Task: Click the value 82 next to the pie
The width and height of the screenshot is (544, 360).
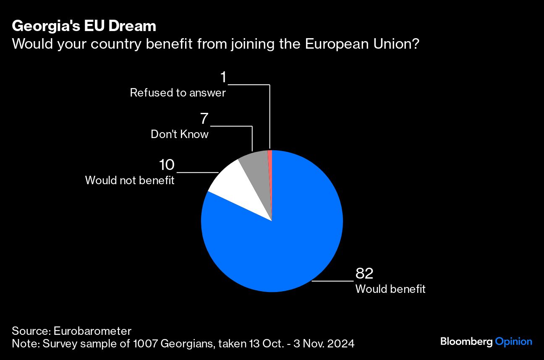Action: (x=364, y=274)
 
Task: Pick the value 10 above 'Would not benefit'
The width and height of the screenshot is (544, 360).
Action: (x=167, y=165)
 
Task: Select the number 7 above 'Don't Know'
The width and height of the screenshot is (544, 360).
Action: (x=204, y=119)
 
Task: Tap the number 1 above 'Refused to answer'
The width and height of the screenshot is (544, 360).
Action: (x=223, y=77)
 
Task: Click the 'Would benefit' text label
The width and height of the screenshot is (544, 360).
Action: (x=390, y=289)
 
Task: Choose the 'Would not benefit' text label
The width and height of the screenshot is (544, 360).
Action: (x=130, y=180)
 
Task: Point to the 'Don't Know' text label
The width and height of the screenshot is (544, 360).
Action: (x=180, y=135)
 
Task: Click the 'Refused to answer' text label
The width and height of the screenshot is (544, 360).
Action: (x=178, y=93)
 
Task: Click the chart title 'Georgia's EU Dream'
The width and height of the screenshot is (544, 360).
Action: (x=84, y=26)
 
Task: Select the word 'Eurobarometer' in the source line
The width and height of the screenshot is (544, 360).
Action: (x=92, y=330)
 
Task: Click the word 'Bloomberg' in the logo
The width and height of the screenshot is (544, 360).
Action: (x=466, y=342)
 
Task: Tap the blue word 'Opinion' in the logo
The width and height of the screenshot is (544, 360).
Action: (x=514, y=342)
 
